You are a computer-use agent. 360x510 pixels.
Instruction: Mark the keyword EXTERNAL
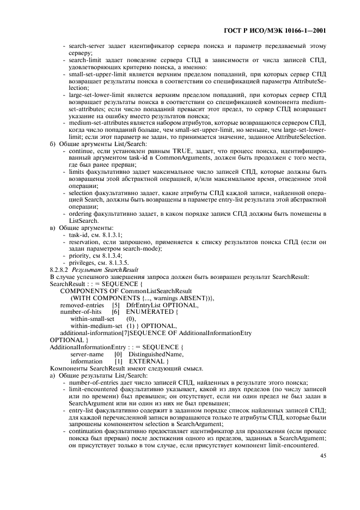tap(148, 361)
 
